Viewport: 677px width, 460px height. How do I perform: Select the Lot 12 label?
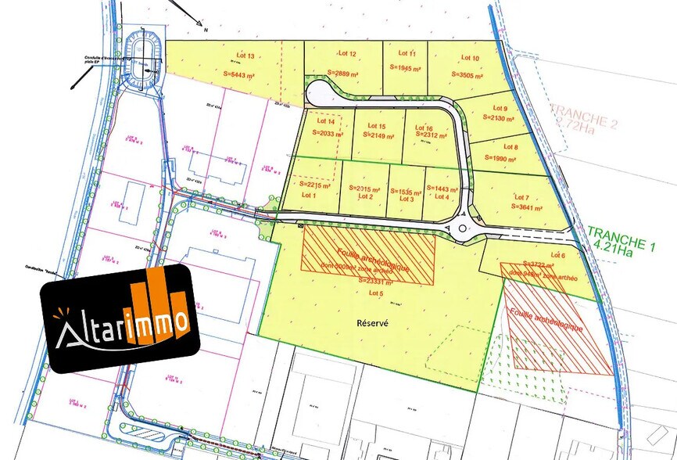(x=347, y=54)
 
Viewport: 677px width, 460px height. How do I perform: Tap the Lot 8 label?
(x=510, y=146)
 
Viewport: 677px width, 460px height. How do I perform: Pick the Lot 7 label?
(x=522, y=197)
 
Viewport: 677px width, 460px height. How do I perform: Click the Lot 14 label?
(x=326, y=122)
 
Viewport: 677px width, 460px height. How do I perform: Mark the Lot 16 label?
(x=424, y=128)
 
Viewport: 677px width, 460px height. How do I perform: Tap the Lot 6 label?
(x=557, y=255)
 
